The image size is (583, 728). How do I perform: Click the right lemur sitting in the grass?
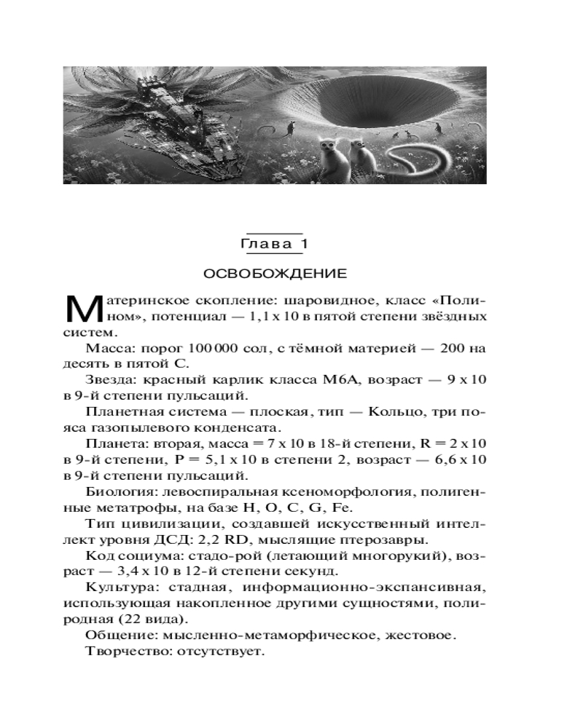(x=358, y=160)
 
